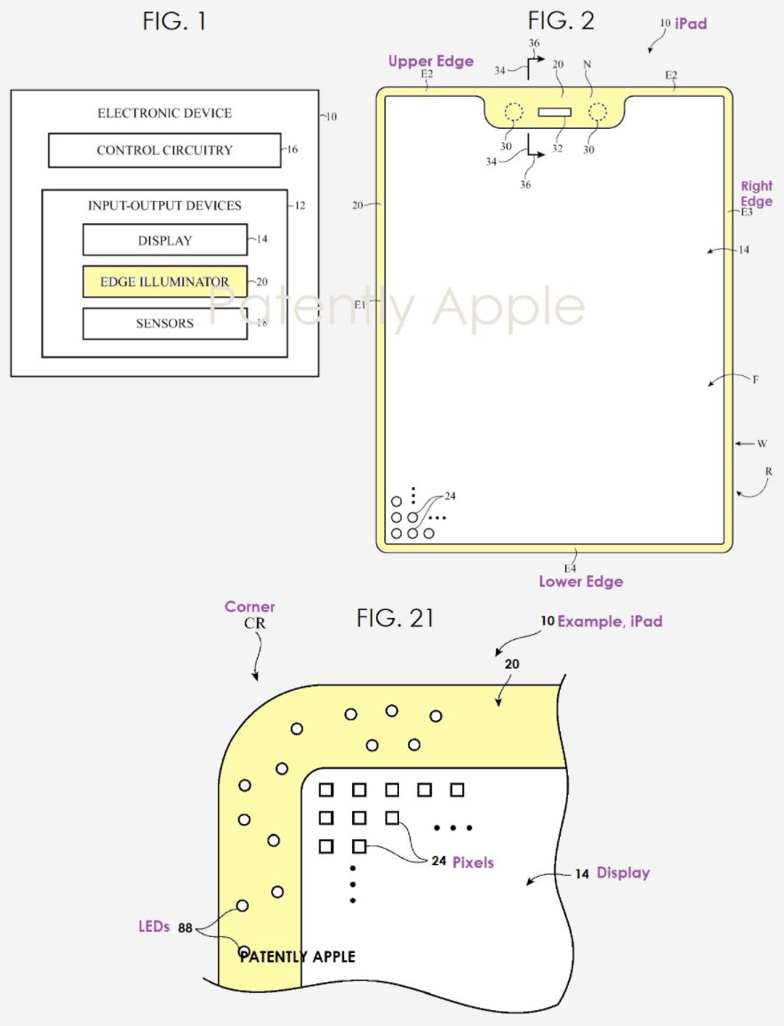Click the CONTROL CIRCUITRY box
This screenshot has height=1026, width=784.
tap(164, 150)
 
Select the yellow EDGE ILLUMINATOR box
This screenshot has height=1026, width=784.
tap(164, 282)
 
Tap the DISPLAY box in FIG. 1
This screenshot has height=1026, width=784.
tap(164, 240)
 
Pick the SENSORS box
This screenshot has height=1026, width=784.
tap(164, 324)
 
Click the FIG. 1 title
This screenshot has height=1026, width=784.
tap(174, 21)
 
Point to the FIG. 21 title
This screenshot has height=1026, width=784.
tap(396, 618)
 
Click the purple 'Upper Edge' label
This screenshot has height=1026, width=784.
tap(430, 61)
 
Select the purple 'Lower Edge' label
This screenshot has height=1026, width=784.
tap(580, 581)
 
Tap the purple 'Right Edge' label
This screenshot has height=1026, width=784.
tap(756, 194)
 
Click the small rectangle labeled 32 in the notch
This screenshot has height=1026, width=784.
tap(556, 112)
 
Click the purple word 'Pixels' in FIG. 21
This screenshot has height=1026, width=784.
tap(473, 862)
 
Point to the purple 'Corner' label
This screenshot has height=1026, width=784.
tap(250, 606)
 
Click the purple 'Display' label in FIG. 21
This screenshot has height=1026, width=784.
tap(622, 873)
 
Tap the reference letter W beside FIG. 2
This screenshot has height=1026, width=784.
tap(762, 443)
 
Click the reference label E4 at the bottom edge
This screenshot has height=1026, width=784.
tap(570, 566)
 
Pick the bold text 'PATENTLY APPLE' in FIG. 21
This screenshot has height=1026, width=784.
tap(298, 957)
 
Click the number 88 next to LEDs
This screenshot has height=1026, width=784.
tap(186, 928)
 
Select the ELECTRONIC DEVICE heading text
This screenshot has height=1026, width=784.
tap(164, 113)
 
